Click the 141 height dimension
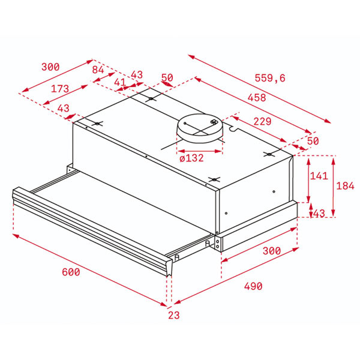point(320,175)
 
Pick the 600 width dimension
point(71,272)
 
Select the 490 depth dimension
point(253,286)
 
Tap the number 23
point(174,314)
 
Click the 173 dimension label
point(60,89)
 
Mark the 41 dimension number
point(120,82)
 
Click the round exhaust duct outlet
point(199,127)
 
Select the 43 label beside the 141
point(319,214)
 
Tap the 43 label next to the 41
point(137,75)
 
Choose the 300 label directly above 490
point(272,251)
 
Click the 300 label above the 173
point(50,67)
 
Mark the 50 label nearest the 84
point(167,78)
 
